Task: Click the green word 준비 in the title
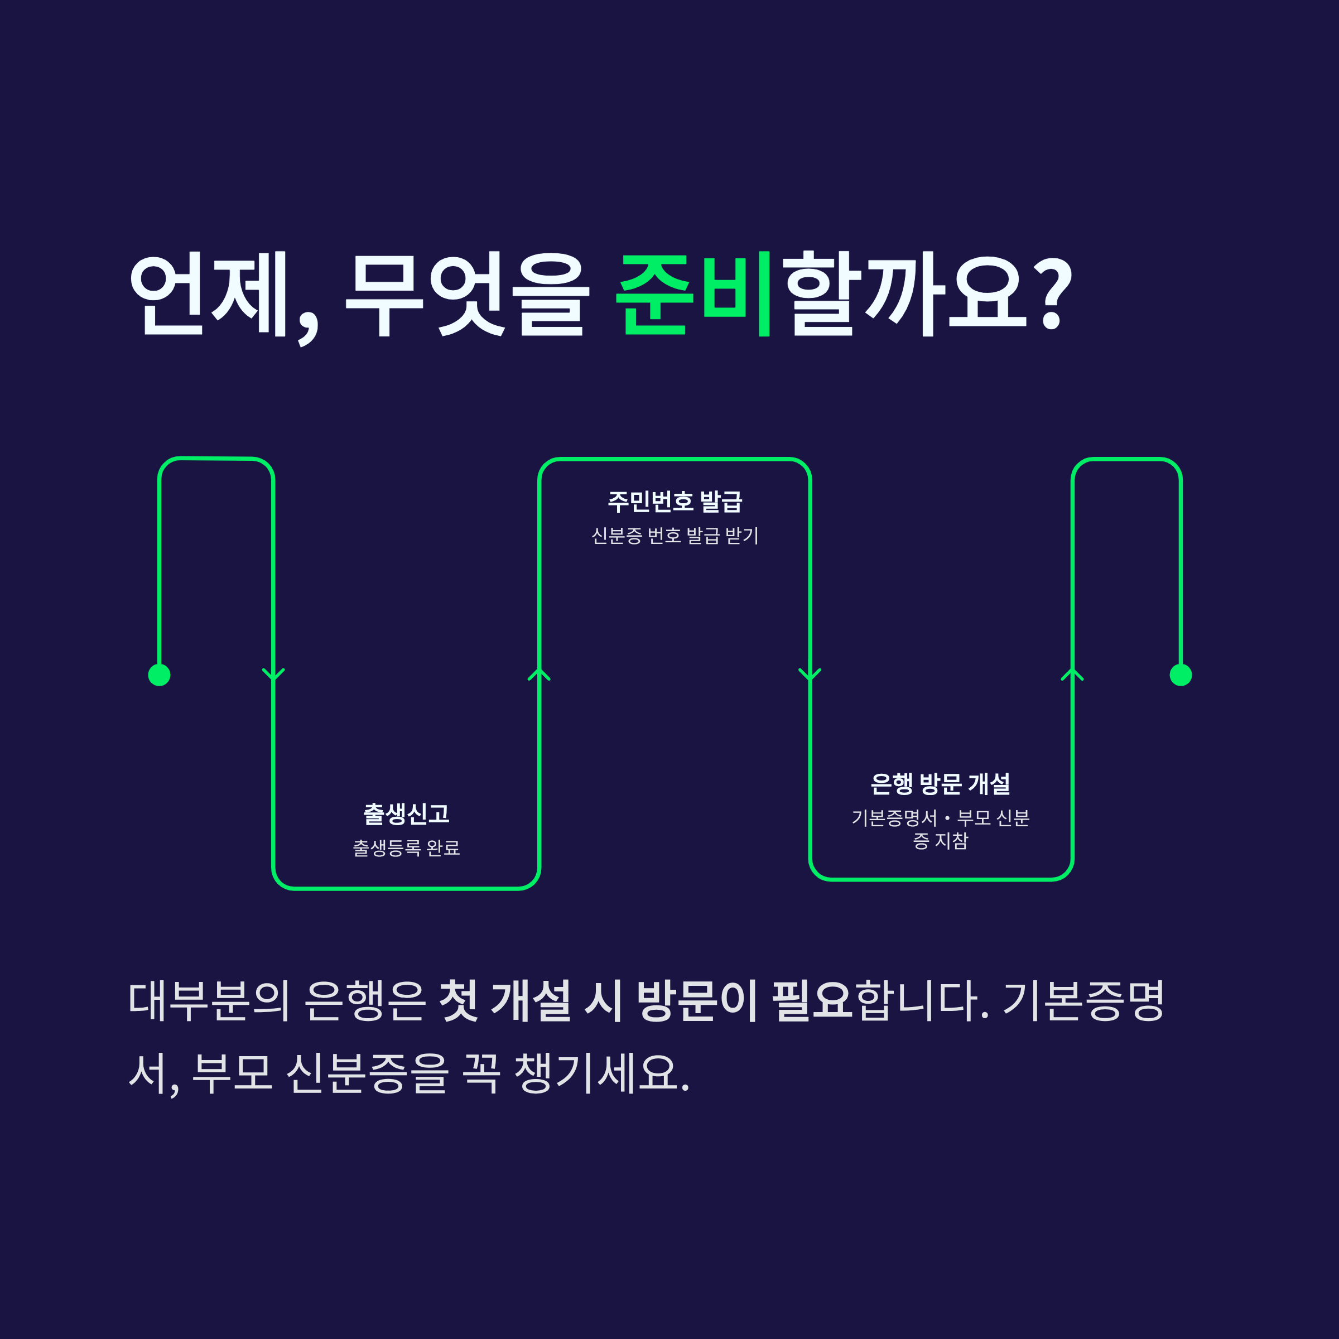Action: (693, 295)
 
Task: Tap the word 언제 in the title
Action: (208, 295)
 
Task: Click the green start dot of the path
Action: (160, 675)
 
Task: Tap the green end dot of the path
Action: (1181, 675)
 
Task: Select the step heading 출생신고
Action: (406, 813)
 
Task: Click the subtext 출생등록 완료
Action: (406, 847)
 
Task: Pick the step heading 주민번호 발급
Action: (675, 501)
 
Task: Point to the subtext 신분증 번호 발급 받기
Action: (675, 536)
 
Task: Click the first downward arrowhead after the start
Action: (273, 673)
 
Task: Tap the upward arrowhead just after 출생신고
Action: (539, 673)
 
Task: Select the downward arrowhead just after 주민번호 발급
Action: (810, 673)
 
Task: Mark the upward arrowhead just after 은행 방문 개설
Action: (1072, 673)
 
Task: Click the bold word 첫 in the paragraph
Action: (459, 1001)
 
